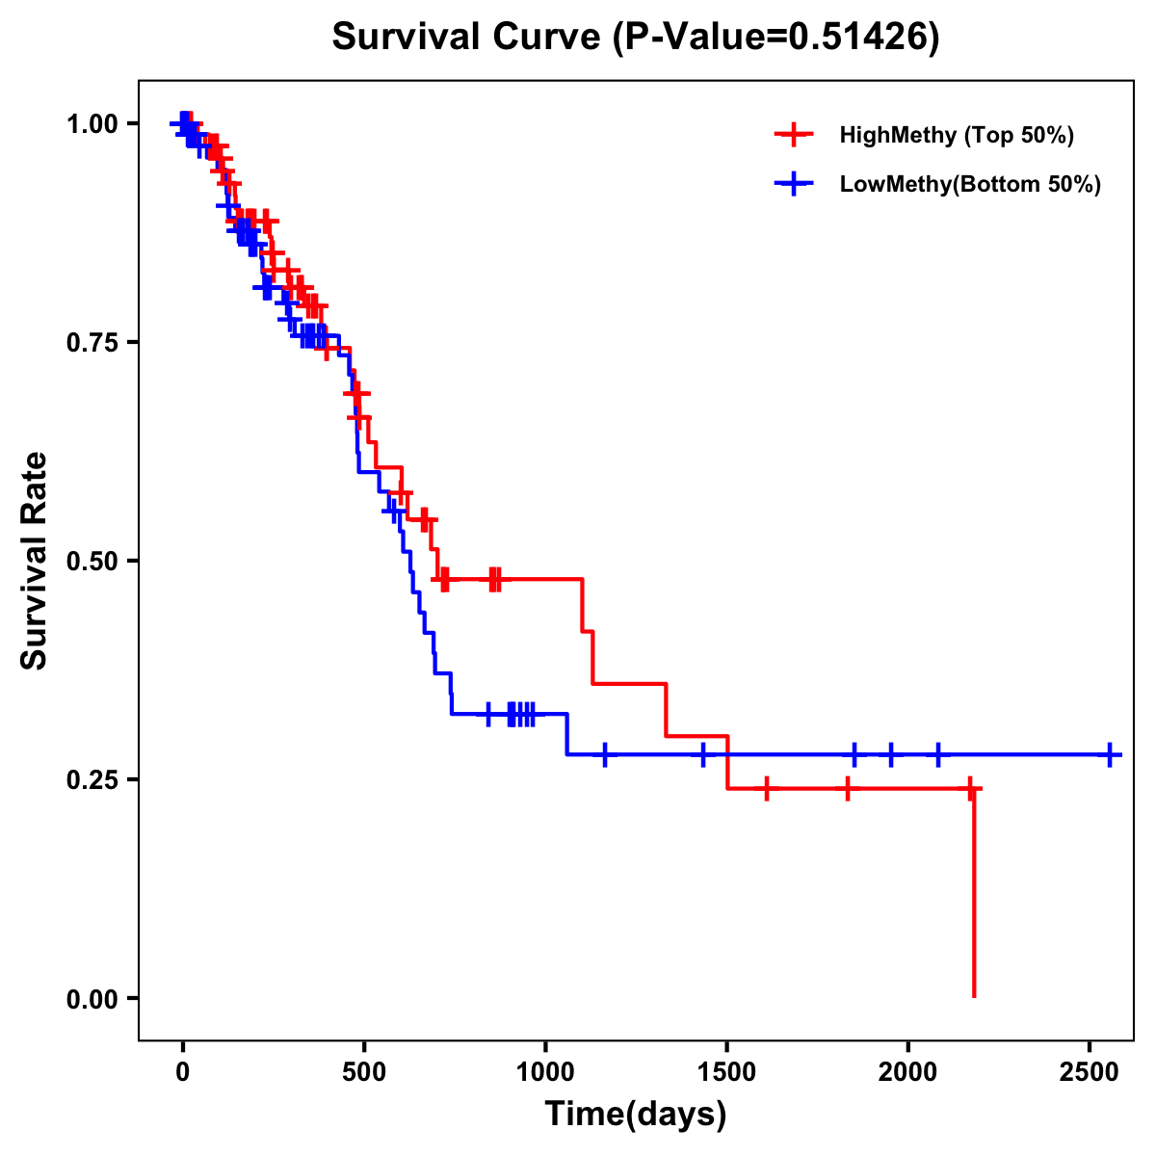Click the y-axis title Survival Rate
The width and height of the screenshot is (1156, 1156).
point(35,560)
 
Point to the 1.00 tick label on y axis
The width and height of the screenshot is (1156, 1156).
point(92,123)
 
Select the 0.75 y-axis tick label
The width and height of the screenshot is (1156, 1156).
point(92,342)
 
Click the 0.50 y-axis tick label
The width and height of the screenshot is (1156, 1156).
point(92,561)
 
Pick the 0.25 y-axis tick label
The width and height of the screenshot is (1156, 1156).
point(92,779)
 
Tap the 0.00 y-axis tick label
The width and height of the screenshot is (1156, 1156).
point(92,998)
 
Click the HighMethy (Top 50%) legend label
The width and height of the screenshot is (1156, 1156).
point(956,135)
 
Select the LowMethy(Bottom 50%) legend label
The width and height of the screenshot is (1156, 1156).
point(970,184)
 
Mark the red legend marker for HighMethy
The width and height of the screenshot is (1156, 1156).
point(794,135)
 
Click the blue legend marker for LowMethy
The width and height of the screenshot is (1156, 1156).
point(794,184)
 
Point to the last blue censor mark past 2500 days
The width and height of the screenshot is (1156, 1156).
point(1110,754)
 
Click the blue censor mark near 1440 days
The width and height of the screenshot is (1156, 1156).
point(703,754)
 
